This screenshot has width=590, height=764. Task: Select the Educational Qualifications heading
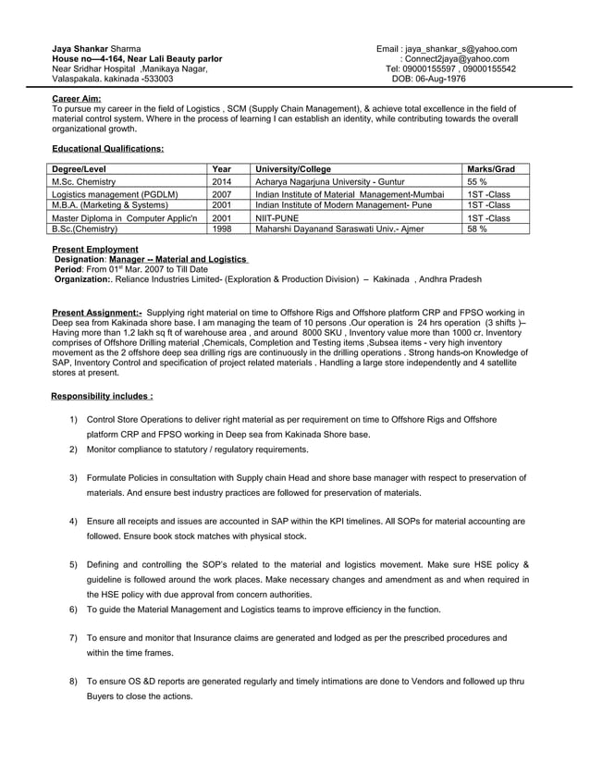(x=107, y=148)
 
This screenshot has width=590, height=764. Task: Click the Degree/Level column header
(x=80, y=169)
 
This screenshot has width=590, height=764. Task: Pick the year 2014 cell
(x=222, y=182)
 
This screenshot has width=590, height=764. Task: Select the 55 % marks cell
(x=477, y=182)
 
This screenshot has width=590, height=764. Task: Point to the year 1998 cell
(x=222, y=228)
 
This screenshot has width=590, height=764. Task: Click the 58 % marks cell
(x=477, y=228)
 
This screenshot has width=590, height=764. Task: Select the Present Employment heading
(x=95, y=250)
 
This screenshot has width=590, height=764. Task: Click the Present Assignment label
(x=96, y=313)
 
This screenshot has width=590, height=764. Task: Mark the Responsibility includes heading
(x=102, y=396)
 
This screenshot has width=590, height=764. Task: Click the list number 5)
(x=73, y=564)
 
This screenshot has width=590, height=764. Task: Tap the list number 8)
(x=73, y=682)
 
